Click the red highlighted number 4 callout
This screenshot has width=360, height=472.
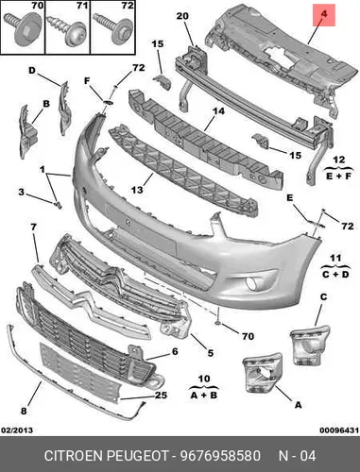coord(324,15)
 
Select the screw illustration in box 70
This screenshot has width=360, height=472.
coord(23,27)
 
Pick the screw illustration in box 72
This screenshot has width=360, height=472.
coord(113,29)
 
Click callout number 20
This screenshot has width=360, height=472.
coord(182,16)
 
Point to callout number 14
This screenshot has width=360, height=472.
coord(218,111)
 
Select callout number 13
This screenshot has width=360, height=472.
coord(137,190)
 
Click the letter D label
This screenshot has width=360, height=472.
coord(32,71)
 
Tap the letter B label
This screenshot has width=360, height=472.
coord(46,104)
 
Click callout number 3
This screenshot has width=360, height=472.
coord(21,192)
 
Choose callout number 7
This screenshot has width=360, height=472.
coord(33,227)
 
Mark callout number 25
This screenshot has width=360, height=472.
coord(161,395)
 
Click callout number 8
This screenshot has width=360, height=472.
coord(24,411)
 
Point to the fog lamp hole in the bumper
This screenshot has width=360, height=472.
coord(252,283)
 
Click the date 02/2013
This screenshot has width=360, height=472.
coord(17,430)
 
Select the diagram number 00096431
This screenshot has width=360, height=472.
coord(339,430)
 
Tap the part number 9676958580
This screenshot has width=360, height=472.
coord(220,456)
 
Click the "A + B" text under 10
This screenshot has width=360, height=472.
coord(204,395)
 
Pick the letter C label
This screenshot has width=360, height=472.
coord(323,296)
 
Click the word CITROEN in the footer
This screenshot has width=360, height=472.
coord(74,456)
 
